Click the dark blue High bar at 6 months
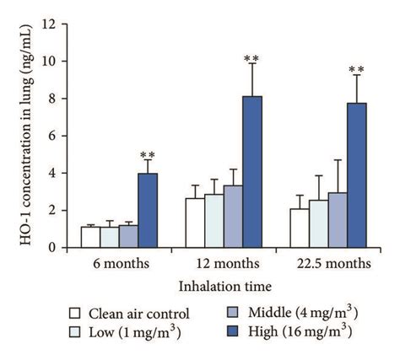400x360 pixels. (148, 211)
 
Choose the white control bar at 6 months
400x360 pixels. (90, 237)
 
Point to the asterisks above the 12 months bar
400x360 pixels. (251, 58)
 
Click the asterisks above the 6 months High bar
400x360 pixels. (148, 155)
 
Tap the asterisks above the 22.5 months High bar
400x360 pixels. (356, 70)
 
